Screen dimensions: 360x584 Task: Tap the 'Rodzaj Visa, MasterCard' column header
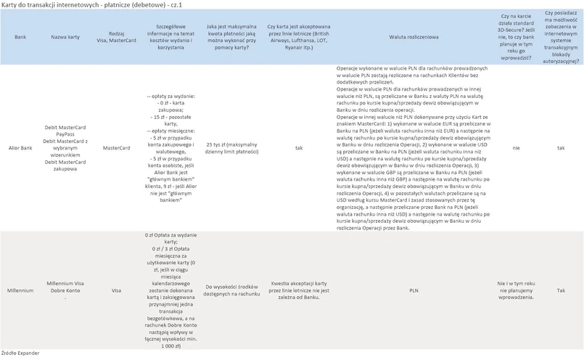click(x=116, y=36)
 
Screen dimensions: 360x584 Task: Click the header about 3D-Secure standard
click(x=516, y=36)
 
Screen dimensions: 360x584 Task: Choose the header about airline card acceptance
click(x=298, y=36)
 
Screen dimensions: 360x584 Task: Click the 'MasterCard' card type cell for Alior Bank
click(x=116, y=148)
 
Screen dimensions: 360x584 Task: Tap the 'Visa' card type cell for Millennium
click(x=116, y=290)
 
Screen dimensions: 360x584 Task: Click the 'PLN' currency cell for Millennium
click(x=414, y=290)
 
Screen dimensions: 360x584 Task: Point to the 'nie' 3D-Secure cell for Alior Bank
click(x=516, y=148)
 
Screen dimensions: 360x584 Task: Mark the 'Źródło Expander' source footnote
click(x=20, y=353)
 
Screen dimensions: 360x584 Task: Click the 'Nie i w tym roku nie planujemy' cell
click(x=516, y=290)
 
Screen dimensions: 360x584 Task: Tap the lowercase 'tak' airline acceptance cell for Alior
click(x=298, y=148)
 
